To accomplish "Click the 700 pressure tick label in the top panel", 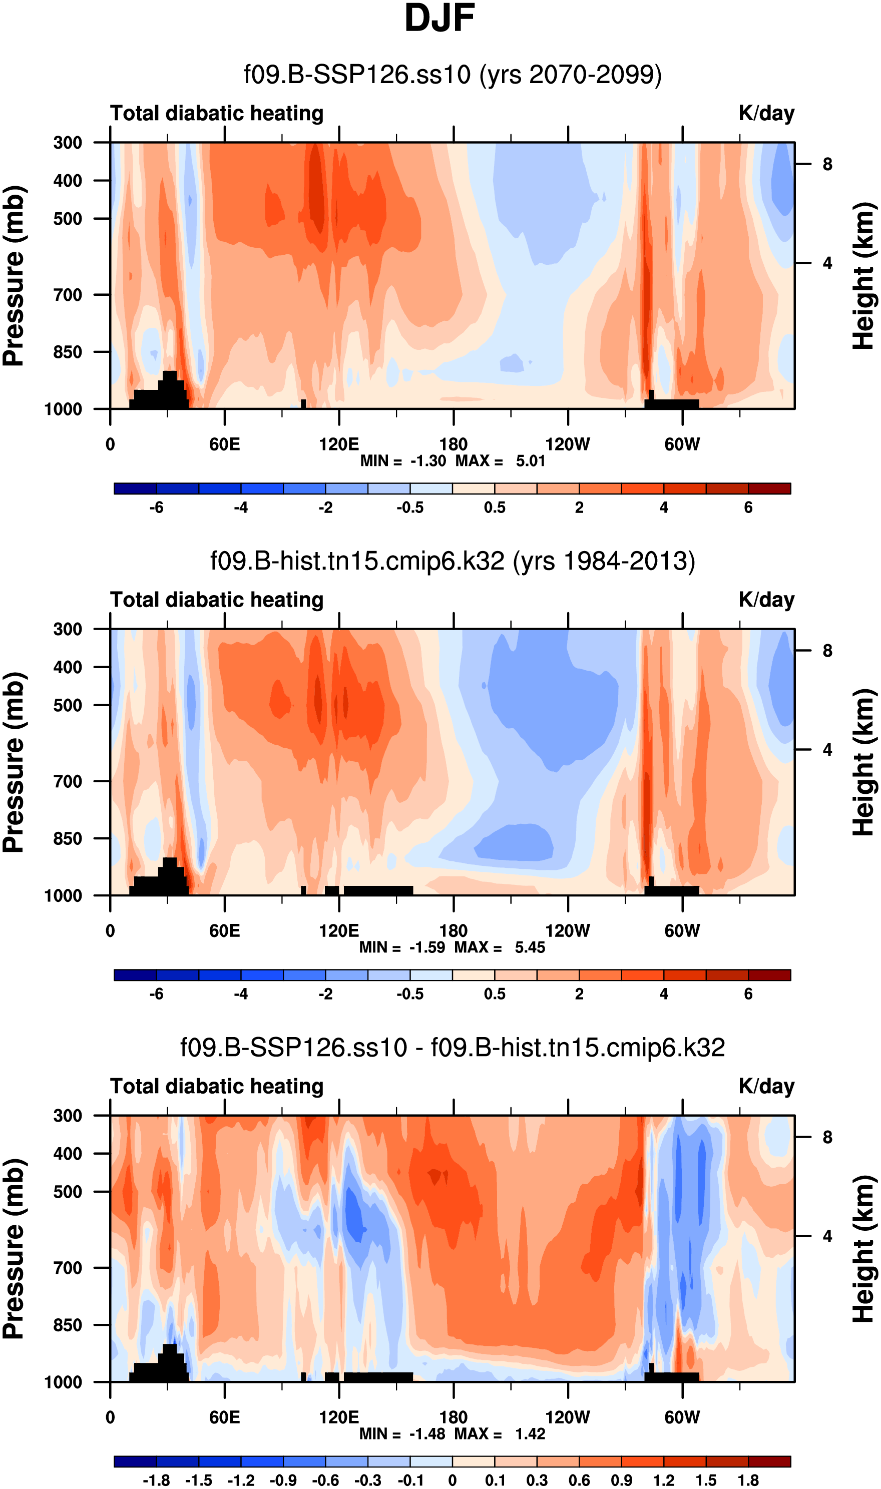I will [68, 295].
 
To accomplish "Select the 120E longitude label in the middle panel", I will [339, 930].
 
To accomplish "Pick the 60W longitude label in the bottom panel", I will [682, 1417].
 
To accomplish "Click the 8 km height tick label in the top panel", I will [827, 164].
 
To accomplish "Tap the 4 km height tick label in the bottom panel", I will [827, 1237].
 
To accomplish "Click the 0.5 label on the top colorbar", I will [495, 508].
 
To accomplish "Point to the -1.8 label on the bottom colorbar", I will [156, 1480].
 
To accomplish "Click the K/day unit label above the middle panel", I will [766, 600].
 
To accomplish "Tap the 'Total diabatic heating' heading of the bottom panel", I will [217, 1086].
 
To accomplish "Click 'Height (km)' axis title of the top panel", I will [864, 276].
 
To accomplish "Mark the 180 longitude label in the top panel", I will [454, 444].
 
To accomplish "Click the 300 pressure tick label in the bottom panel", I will [68, 1116].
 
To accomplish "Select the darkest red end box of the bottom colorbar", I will [769, 1461].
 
